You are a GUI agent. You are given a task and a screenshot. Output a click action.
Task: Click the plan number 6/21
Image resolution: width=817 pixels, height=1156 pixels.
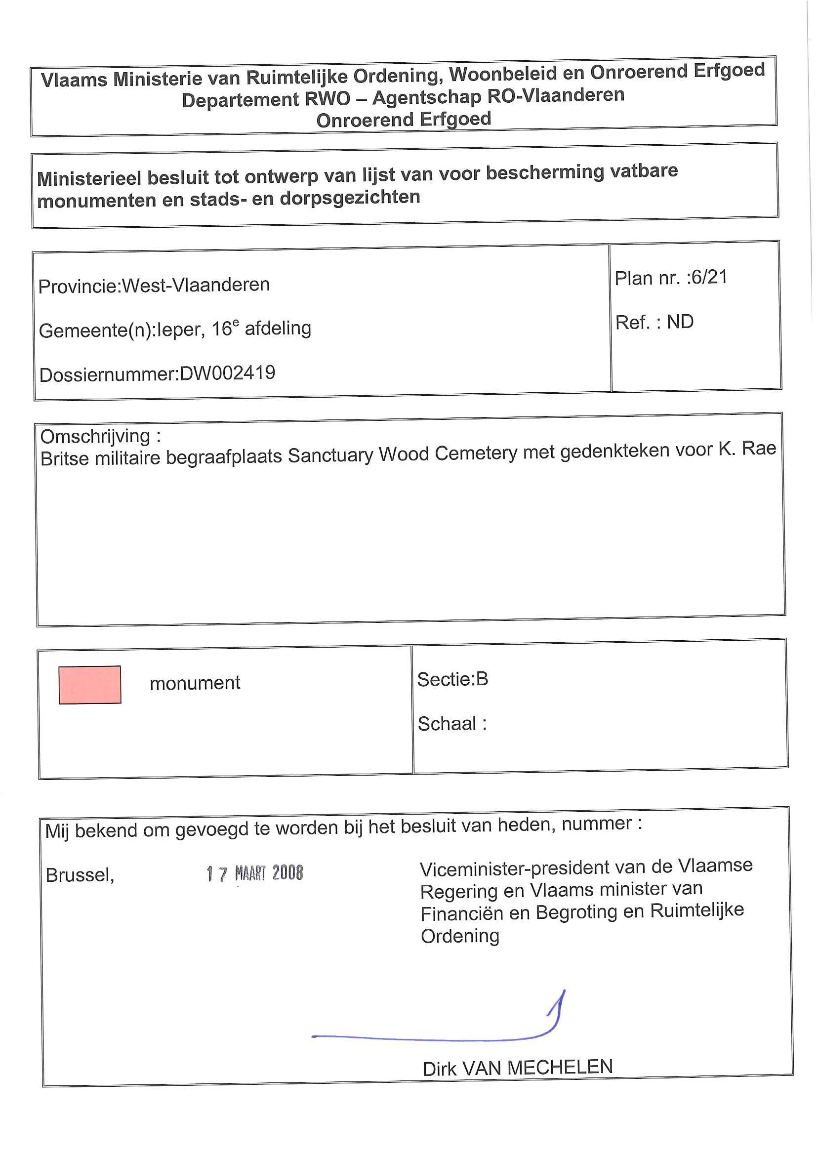[x=709, y=277]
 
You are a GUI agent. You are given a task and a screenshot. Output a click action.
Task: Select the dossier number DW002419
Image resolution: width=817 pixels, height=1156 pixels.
[x=228, y=373]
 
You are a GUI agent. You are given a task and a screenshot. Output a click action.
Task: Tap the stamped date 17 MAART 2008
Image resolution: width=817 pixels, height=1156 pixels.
[x=255, y=873]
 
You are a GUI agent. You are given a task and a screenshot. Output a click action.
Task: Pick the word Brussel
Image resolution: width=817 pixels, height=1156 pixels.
[x=80, y=875]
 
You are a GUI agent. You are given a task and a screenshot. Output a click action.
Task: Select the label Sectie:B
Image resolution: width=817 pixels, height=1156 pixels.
[x=452, y=679]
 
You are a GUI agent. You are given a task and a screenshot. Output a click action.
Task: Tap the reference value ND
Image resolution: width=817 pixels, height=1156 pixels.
[x=680, y=322]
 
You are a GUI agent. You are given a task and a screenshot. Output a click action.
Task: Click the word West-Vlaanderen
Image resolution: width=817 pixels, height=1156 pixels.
[x=196, y=285]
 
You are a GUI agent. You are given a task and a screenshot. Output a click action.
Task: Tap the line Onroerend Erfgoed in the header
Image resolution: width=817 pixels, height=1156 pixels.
[x=403, y=120]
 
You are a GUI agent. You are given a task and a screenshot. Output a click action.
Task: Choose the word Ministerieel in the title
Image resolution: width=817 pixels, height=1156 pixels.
[x=89, y=178]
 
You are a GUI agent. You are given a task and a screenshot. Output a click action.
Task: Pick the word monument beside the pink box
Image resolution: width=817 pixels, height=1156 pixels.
[x=195, y=683]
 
